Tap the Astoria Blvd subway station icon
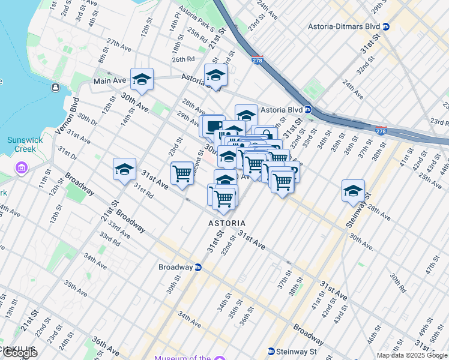[x=307, y=109]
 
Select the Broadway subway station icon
[x=197, y=267]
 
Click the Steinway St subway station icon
[x=271, y=351]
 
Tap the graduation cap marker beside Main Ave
[x=142, y=79]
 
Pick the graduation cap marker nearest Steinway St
[x=353, y=191]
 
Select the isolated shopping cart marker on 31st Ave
[x=182, y=173]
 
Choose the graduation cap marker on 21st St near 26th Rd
[x=215, y=75]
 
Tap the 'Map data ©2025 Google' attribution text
[x=412, y=355]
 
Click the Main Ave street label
[x=109, y=80]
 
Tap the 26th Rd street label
[x=183, y=59]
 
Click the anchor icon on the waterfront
[x=55, y=88]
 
